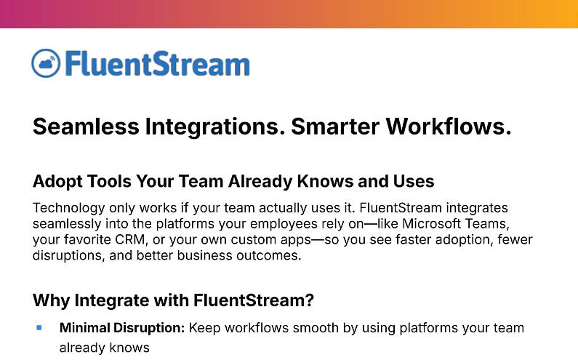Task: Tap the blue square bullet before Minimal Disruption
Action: [x=39, y=328]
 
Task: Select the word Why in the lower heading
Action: [x=50, y=300]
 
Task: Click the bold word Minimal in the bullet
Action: [x=86, y=328]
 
